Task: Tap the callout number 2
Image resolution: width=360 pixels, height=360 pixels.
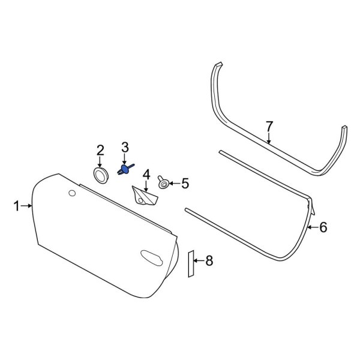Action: [100, 150]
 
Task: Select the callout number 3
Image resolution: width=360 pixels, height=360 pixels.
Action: [125, 147]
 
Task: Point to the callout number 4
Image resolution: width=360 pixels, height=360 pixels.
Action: [146, 175]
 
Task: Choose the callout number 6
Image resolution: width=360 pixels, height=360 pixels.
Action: [323, 227]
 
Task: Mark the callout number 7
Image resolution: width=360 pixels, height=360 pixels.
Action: [269, 126]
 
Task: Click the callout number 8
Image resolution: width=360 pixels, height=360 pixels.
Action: [209, 260]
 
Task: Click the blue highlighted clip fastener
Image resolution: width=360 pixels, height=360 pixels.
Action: [125, 171]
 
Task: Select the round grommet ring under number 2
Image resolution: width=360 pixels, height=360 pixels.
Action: [100, 174]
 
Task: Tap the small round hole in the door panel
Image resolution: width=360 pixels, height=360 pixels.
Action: [73, 193]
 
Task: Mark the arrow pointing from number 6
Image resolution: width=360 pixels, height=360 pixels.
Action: [312, 227]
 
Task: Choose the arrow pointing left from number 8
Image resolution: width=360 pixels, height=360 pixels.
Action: [199, 260]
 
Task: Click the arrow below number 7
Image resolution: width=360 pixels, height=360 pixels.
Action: [269, 138]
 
